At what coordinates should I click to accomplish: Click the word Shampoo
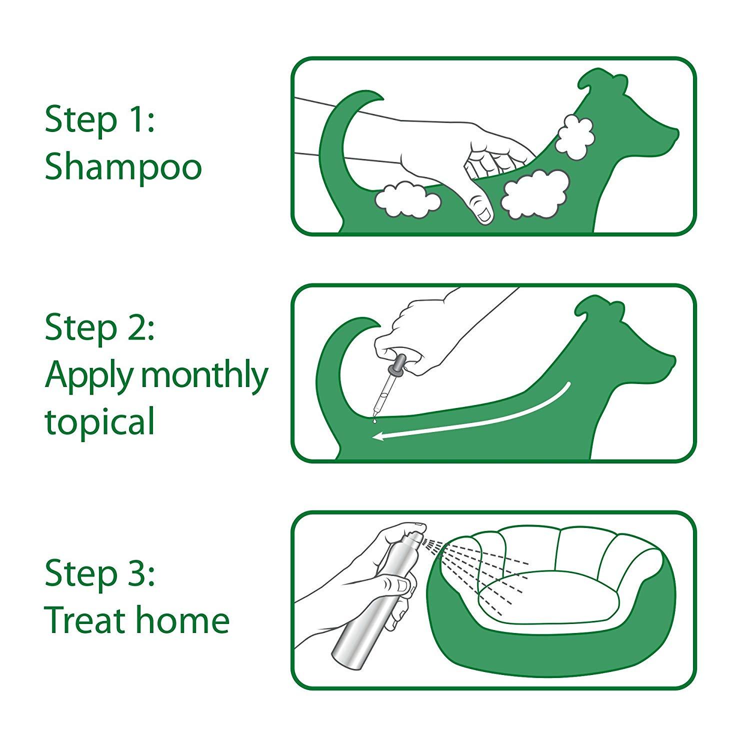[x=123, y=167]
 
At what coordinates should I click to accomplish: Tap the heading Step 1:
[x=100, y=120]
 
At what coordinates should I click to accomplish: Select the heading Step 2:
[x=100, y=327]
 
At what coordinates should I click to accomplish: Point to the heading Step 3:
[x=100, y=573]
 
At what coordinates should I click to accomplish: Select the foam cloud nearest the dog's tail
[x=407, y=199]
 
